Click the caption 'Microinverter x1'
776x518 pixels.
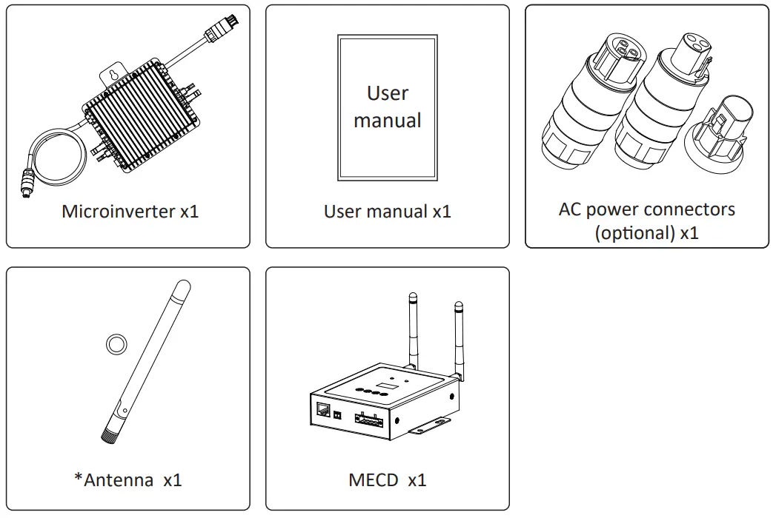click(130, 212)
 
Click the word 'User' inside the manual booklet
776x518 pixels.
click(387, 93)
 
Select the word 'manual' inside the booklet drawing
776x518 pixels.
click(387, 120)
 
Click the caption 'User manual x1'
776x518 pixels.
click(387, 212)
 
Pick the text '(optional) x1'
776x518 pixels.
click(646, 233)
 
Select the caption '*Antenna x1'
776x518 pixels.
click(127, 480)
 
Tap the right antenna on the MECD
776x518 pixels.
click(459, 337)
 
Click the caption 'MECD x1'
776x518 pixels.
click(387, 480)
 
